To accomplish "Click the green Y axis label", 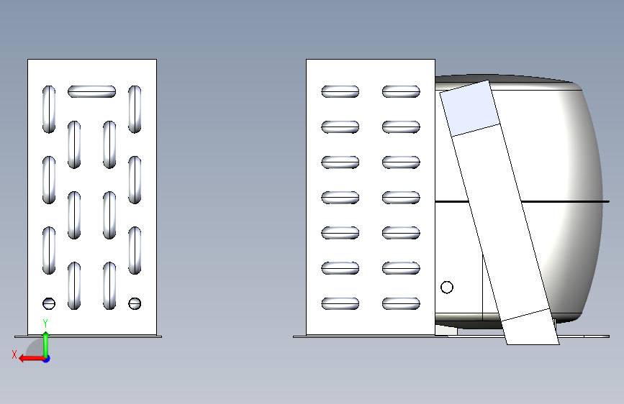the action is pos(45,323).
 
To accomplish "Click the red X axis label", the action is pos(14,354).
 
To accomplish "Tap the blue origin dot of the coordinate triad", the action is pos(46,359).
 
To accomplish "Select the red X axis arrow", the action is pos(32,359).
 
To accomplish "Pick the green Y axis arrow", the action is pos(46,344).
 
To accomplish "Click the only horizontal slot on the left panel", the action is pos(91,91).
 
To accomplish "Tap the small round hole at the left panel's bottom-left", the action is pos(48,303).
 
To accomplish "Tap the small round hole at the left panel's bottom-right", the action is pos(135,303).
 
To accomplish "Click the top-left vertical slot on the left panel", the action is pos(48,109).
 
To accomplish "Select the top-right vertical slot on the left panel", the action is pos(135,109).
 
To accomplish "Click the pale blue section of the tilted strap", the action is pos(469,108).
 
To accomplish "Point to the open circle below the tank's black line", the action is pos(447,287).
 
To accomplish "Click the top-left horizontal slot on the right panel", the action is pos(340,91).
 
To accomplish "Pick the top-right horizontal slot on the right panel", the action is pos(401,91).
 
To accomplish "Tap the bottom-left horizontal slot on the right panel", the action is pos(340,303).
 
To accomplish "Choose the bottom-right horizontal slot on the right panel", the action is pos(401,303).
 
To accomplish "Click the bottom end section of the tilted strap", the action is pos(530,327).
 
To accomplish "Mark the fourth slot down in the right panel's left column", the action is pos(340,198).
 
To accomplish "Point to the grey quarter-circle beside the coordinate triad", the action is pos(35,349).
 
